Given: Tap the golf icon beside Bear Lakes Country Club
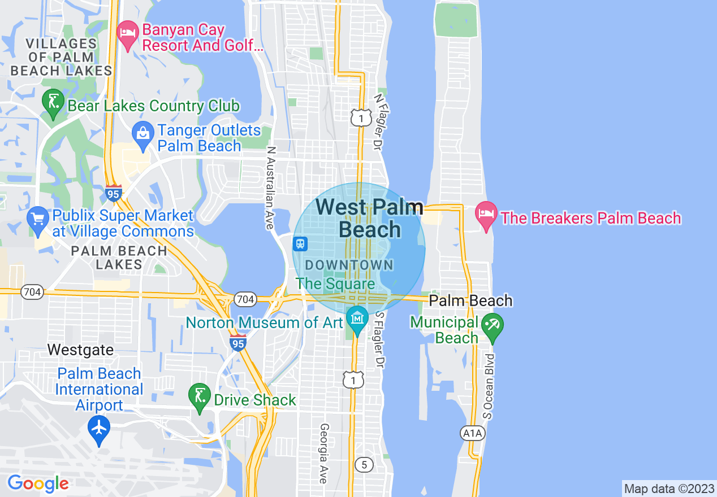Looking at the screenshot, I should point(53,103).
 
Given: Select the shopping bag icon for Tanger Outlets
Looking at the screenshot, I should point(143,134).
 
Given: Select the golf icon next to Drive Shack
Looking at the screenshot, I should point(200,396).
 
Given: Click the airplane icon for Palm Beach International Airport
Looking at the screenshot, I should point(99,428).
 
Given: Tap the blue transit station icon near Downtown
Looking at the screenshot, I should point(300,244).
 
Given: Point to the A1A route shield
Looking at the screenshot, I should point(472,433).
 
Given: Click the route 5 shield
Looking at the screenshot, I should point(364,465).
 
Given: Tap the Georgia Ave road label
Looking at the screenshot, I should point(324,454).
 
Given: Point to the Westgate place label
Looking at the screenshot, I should point(80,350).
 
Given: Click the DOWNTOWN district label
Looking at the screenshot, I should point(349,264).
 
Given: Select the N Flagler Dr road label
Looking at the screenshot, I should point(378,121).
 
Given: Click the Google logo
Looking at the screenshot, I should point(38,483).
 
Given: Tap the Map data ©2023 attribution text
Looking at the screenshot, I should point(668,489).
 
